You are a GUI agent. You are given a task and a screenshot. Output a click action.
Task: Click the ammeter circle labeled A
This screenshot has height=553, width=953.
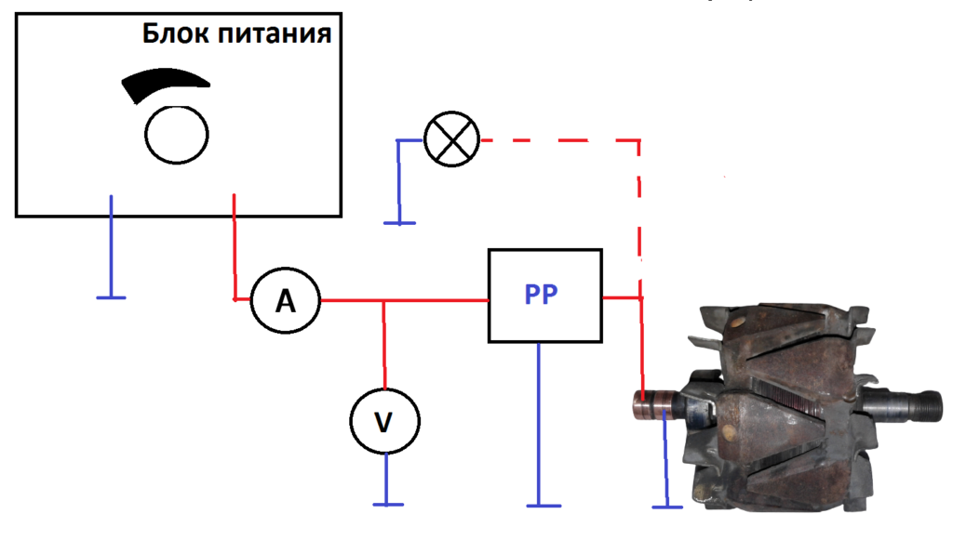point(285,300)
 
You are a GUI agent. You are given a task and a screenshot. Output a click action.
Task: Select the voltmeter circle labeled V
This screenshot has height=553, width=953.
point(383,421)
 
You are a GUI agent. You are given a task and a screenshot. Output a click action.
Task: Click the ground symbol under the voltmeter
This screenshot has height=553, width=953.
point(387,504)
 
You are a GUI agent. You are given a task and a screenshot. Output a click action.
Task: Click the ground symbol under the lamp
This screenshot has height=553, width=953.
point(399,223)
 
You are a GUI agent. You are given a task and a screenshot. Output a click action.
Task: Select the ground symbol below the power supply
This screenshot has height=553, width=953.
point(111,297)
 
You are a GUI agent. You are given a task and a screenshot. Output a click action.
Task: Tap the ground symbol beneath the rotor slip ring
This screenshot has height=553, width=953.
point(662,506)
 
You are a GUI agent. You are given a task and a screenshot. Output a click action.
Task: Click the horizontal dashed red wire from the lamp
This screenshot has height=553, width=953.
point(558,140)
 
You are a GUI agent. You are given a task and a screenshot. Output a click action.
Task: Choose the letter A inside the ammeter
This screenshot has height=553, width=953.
point(285,300)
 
